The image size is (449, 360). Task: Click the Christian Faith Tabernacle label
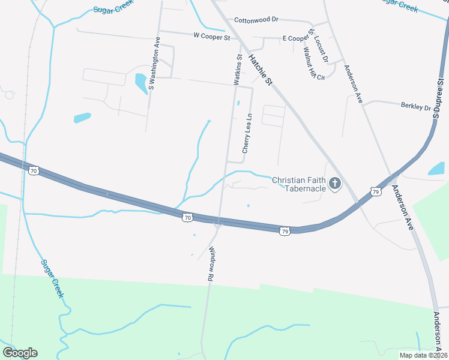[x=298, y=184]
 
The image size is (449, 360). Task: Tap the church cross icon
[x=335, y=184]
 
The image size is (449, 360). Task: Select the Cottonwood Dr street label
[x=256, y=19]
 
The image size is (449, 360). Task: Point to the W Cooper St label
[x=211, y=37]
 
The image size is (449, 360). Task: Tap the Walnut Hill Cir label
[x=313, y=62]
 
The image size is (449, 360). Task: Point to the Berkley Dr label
[x=415, y=107]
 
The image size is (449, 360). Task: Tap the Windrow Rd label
[x=211, y=265]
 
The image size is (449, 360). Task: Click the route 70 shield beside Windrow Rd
[x=188, y=217]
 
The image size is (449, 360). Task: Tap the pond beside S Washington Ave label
[x=142, y=83]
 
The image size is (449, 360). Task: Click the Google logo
[x=20, y=353]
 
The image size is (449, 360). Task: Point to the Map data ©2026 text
[x=424, y=355]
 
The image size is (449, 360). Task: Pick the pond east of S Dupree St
[x=436, y=169]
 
